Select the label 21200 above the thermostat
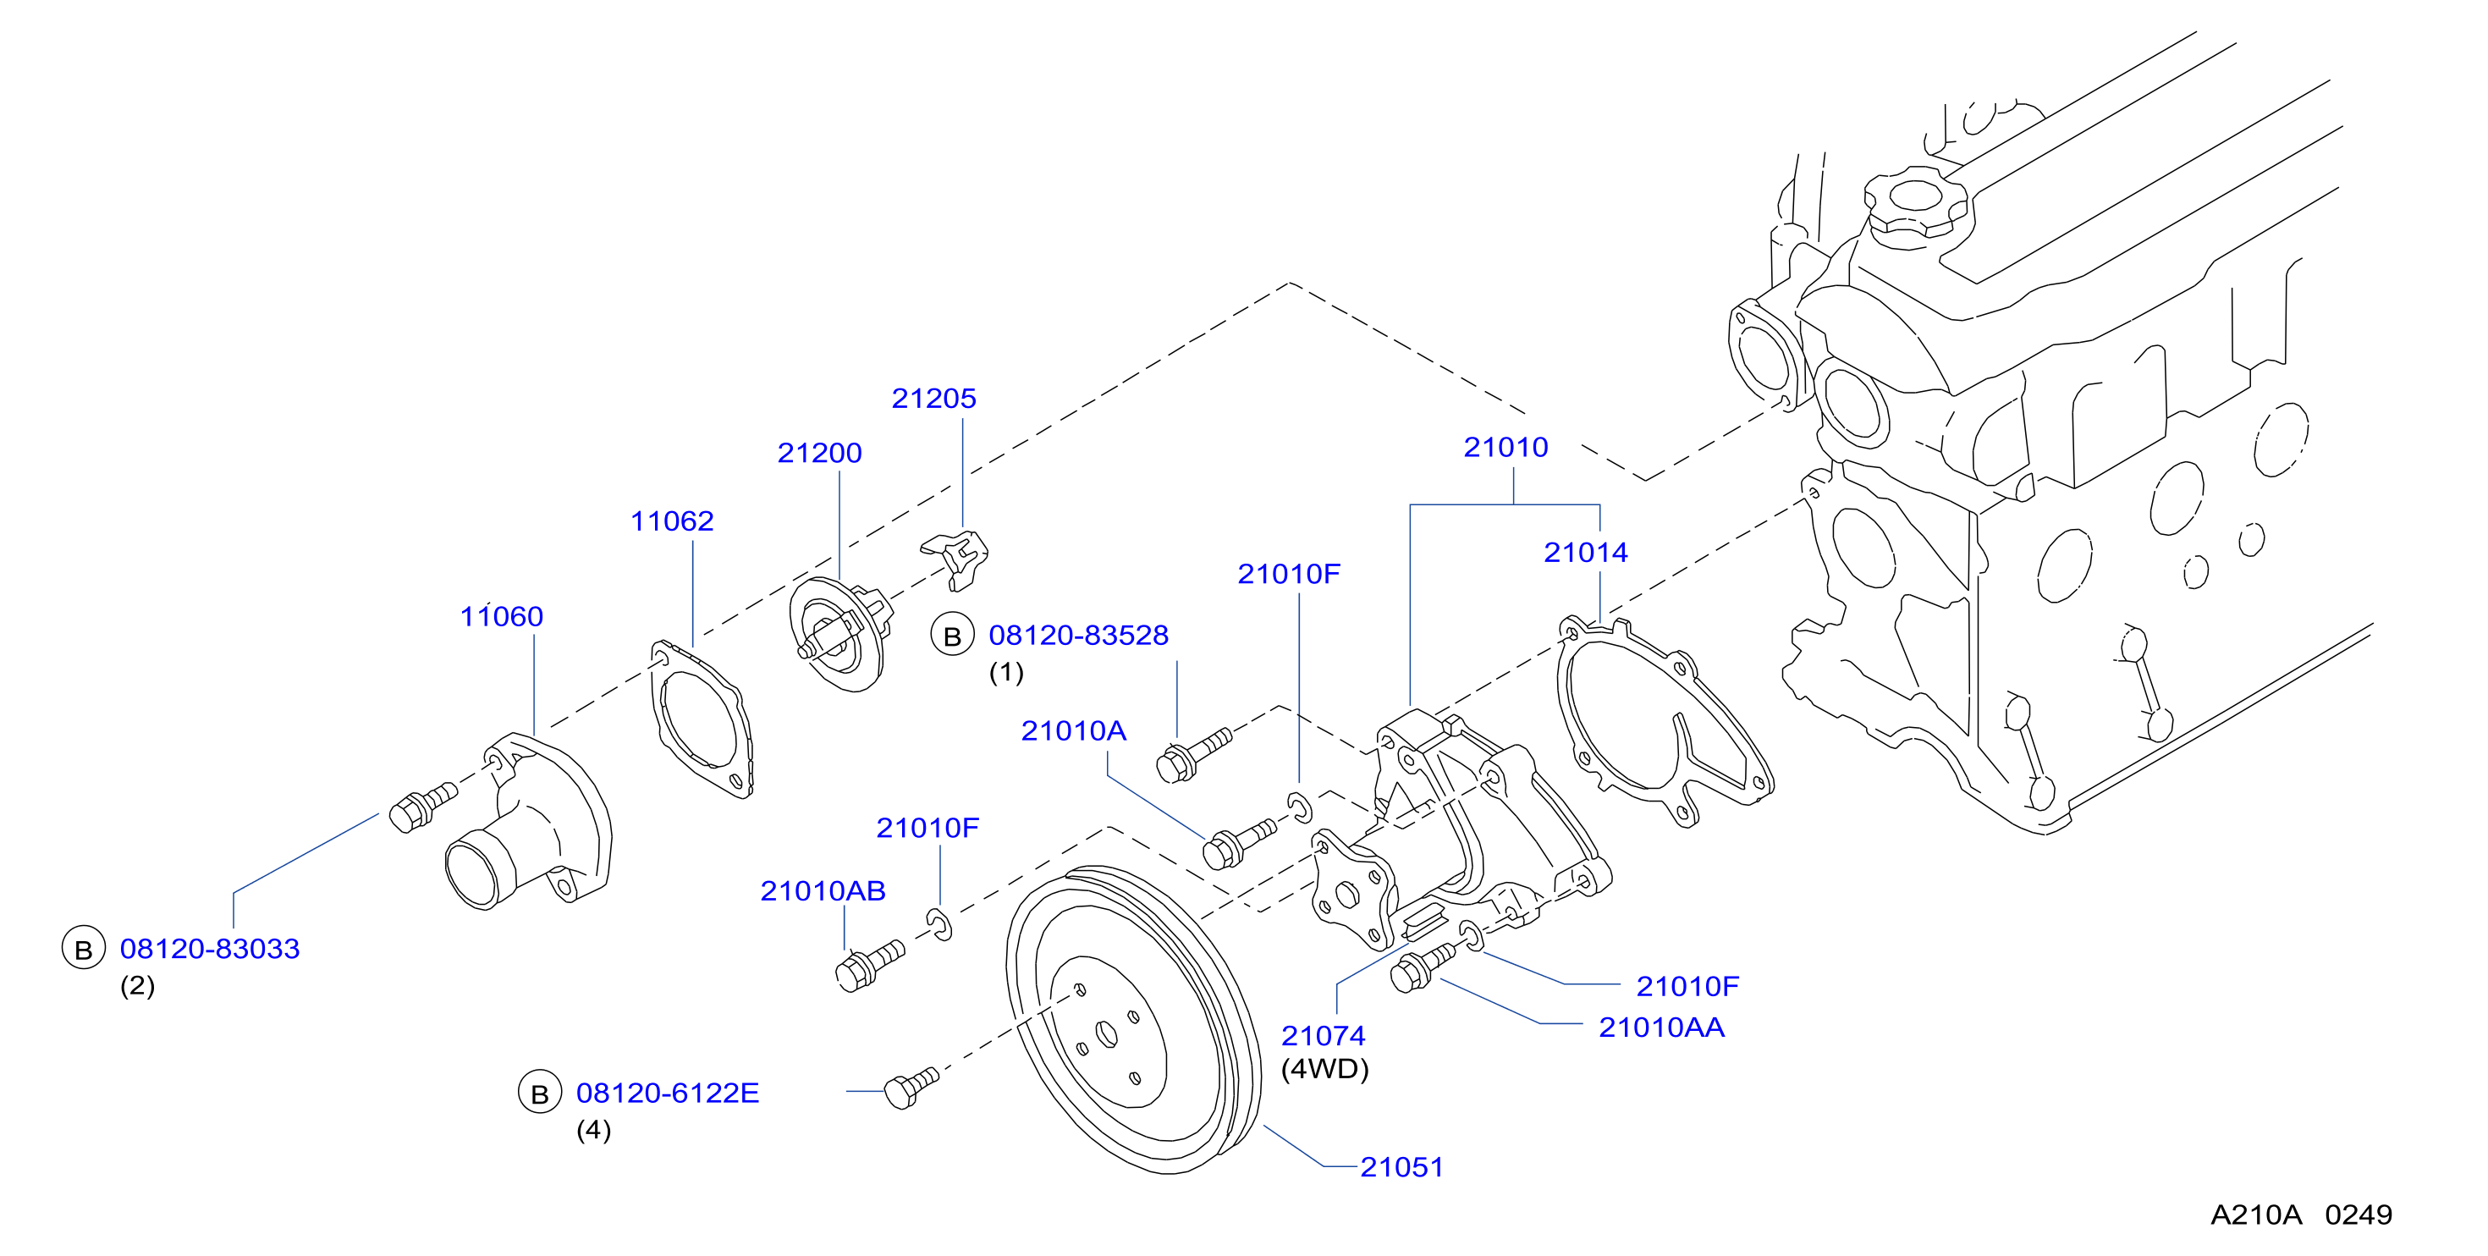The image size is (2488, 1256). coord(819,452)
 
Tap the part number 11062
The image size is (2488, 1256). coord(671,521)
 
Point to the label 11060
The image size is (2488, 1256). coord(501,615)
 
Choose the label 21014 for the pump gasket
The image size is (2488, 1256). coord(1585,552)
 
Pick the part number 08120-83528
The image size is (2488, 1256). coord(1078,635)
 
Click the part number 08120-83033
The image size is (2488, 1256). coord(210,948)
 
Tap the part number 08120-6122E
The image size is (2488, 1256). coord(668,1093)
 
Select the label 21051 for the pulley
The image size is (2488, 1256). coord(1401,1167)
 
